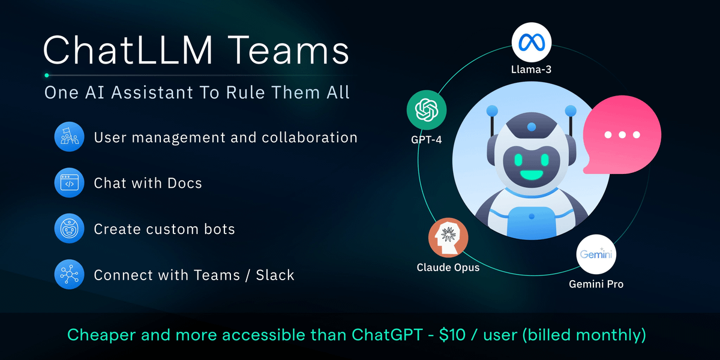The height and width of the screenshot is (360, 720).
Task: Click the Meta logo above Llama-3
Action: pyautogui.click(x=532, y=41)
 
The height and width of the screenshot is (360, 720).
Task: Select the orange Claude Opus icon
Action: pyautogui.click(x=448, y=238)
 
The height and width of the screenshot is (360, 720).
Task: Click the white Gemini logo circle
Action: pyautogui.click(x=596, y=255)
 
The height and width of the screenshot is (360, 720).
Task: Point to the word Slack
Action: pyautogui.click(x=275, y=275)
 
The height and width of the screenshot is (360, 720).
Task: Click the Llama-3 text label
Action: pyautogui.click(x=532, y=70)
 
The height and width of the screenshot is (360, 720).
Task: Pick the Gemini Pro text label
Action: pyautogui.click(x=596, y=284)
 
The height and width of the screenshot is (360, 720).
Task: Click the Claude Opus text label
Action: pyautogui.click(x=448, y=267)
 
